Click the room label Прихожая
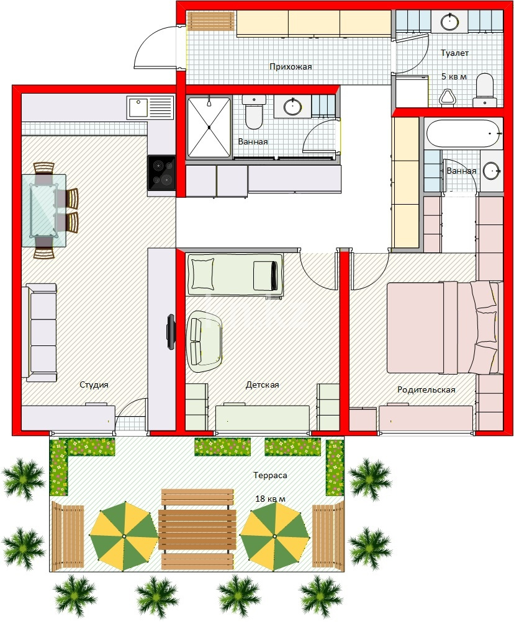pos(291,66)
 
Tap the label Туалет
pos(454,53)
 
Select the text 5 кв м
pos(454,76)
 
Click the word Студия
pos(94,384)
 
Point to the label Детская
pos(262,384)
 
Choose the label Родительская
pos(426,390)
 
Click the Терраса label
pos(270,475)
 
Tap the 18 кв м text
pos(270,499)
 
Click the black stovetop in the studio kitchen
pos(161,173)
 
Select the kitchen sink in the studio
pos(150,107)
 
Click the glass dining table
pos(43,210)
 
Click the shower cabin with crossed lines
pos(209,127)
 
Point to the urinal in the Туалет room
pos(448,97)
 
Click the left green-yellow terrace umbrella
pos(124,536)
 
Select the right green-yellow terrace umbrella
pos(275,536)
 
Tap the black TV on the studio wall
pos(171,332)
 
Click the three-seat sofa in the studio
pos(39,332)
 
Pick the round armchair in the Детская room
pos(204,341)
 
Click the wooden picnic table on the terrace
pos(197,530)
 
